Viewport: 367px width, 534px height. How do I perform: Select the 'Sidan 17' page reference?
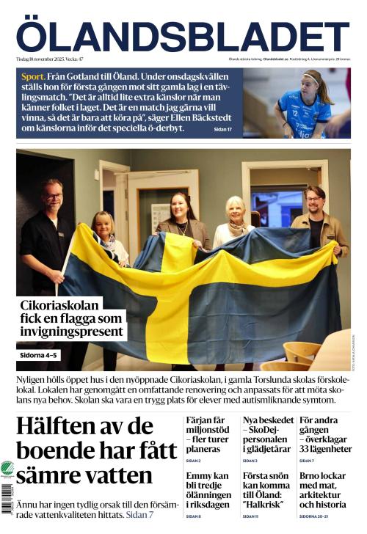pos(222,129)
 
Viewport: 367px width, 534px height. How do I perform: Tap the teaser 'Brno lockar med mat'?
pos(324,489)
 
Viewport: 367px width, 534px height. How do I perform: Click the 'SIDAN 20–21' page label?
pos(313,516)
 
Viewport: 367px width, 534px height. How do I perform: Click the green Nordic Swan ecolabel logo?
pos(7,469)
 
